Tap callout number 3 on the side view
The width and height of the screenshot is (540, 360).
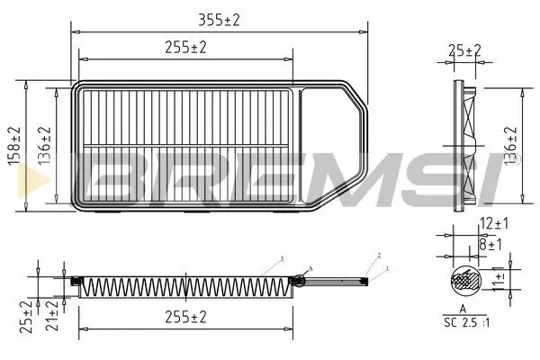(x=282, y=258)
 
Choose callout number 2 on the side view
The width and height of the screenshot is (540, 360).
(x=380, y=256)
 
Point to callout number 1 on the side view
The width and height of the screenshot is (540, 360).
(x=388, y=268)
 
